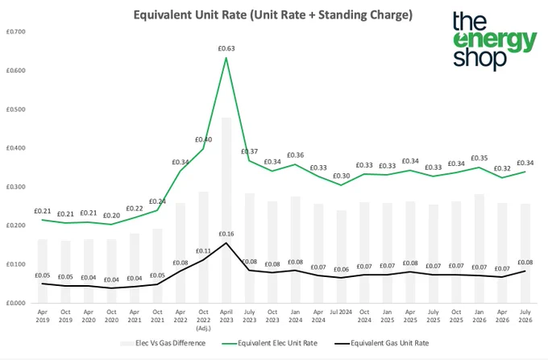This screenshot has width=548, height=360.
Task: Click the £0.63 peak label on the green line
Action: coord(226,48)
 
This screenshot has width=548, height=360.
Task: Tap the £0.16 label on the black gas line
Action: coord(226,234)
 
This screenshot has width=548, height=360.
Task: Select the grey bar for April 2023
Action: coord(226,210)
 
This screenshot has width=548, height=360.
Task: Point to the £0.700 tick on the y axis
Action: coord(16,31)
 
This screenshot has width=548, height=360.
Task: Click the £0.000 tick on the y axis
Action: coord(16,303)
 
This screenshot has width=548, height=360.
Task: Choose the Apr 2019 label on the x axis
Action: coord(42,316)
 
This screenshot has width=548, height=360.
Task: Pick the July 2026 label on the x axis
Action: coord(525,316)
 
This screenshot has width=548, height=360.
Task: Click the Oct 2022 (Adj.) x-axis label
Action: coord(203,320)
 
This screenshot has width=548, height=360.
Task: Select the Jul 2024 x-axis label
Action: coord(341,312)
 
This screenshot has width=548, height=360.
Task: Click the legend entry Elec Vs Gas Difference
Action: coord(163,343)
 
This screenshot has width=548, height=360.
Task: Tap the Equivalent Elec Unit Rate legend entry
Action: coord(269,343)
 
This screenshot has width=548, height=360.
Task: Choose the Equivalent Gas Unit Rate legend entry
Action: coord(382,343)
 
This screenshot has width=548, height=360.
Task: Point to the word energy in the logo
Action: coord(495,42)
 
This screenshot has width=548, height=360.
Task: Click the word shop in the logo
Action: coord(479,58)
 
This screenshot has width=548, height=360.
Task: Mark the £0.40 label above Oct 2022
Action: coord(203,139)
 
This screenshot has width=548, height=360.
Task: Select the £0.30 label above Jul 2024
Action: coord(341,176)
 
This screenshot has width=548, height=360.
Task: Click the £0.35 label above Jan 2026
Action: coord(479,158)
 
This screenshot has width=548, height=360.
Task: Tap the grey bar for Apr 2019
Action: coord(42,271)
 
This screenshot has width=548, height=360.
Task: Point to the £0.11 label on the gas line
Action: coord(203,251)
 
